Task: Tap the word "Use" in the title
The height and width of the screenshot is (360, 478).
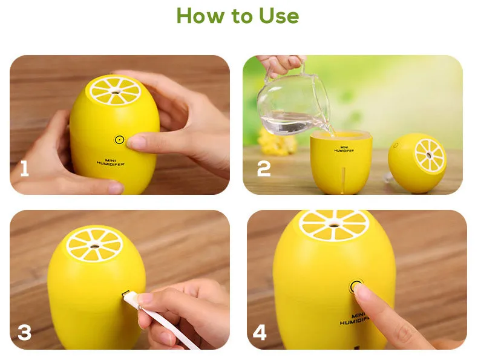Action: click(278, 16)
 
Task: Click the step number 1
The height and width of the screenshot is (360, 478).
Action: click(24, 169)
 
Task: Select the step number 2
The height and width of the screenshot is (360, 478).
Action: click(264, 169)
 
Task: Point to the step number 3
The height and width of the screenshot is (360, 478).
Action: click(25, 332)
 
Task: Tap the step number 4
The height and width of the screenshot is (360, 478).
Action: click(260, 332)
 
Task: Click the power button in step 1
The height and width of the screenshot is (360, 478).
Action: click(120, 140)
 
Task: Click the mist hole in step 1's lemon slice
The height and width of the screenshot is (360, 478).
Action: click(116, 91)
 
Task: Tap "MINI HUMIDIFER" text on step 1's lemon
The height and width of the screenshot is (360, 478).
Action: click(111, 162)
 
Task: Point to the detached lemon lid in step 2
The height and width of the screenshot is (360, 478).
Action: click(417, 163)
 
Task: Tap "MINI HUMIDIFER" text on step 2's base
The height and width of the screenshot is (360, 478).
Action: click(344, 149)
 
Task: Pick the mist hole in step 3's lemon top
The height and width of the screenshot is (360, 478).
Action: click(94, 246)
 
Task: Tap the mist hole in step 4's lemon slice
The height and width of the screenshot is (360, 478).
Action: click(335, 226)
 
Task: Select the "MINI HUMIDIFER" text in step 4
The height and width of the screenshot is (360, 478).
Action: click(353, 318)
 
